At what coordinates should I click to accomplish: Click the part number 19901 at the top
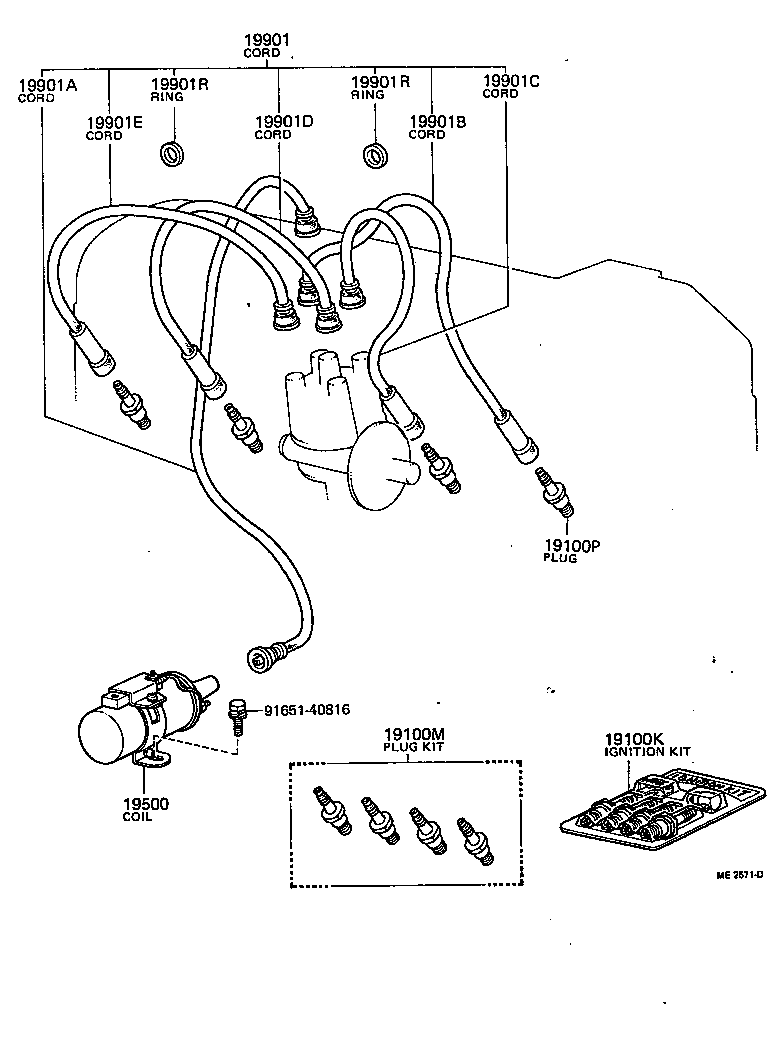pos(266,40)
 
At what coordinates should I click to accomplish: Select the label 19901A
pos(47,85)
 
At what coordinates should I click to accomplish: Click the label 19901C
pos(510,80)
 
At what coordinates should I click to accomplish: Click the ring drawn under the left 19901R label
pos(174,154)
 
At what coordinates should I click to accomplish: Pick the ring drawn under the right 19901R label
pos(376,155)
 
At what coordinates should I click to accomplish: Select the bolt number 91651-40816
pos(307,710)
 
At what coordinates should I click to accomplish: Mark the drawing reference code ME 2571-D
pos(739,874)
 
